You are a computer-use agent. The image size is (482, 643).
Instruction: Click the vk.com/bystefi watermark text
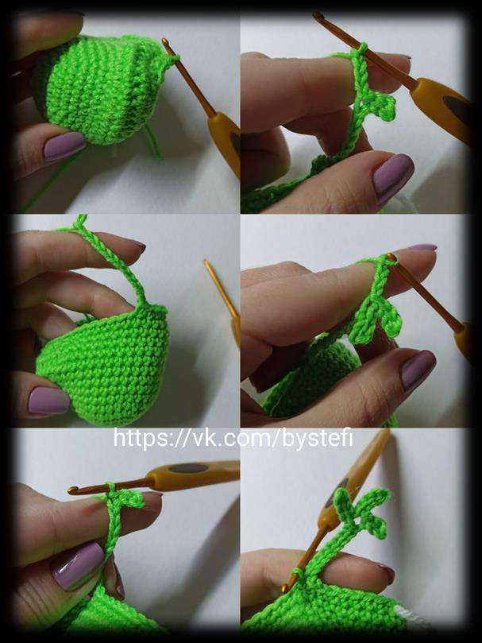233,438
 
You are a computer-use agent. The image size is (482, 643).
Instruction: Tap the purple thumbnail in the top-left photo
64,145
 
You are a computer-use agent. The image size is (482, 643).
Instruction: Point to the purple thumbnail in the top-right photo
392,174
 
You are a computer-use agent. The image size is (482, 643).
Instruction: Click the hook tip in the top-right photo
318,16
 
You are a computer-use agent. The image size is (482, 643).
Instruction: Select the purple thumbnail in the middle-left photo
48,401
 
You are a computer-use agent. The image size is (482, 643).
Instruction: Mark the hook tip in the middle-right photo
391,258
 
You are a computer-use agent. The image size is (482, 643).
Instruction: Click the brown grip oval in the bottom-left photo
188,468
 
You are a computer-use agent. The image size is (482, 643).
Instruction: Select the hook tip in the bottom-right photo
285,589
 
